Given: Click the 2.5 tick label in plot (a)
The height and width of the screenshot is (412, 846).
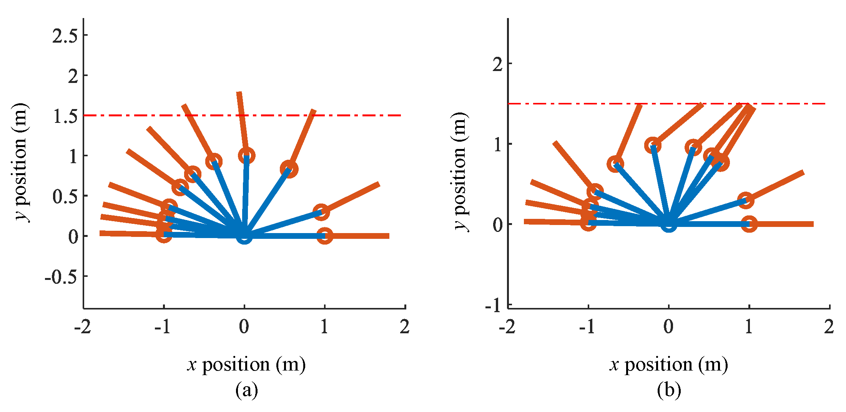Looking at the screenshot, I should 65,36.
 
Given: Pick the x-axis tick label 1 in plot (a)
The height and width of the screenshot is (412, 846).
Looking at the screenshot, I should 324,327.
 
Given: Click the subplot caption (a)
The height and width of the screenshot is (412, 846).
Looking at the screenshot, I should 246,390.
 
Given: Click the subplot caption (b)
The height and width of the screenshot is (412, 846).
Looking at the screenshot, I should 669,390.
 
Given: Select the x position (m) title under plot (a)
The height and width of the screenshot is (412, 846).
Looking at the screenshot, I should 246,364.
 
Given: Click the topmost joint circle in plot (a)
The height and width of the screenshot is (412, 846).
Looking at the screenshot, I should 246,156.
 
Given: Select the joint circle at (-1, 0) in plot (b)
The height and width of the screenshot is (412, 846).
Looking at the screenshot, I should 588,223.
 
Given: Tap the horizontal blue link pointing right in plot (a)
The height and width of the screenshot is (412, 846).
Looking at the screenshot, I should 284,236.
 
